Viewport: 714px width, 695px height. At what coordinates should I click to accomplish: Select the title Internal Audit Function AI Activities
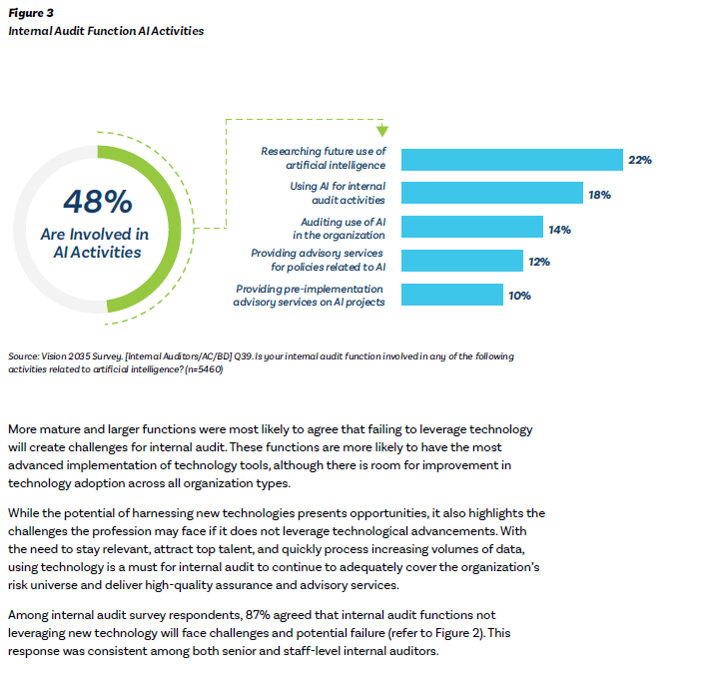point(106,31)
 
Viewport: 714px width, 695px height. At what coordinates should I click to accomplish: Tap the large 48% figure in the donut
point(97,203)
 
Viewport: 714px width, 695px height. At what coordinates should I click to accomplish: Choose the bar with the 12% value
point(461,262)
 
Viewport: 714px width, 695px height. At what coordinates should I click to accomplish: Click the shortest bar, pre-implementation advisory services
point(451,296)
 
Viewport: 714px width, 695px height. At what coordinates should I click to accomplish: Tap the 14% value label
point(559,229)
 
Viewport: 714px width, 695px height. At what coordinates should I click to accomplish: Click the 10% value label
point(519,297)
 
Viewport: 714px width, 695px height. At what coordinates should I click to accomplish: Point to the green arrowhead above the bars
point(381,131)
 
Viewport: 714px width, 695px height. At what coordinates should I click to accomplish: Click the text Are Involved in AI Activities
point(97,243)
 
